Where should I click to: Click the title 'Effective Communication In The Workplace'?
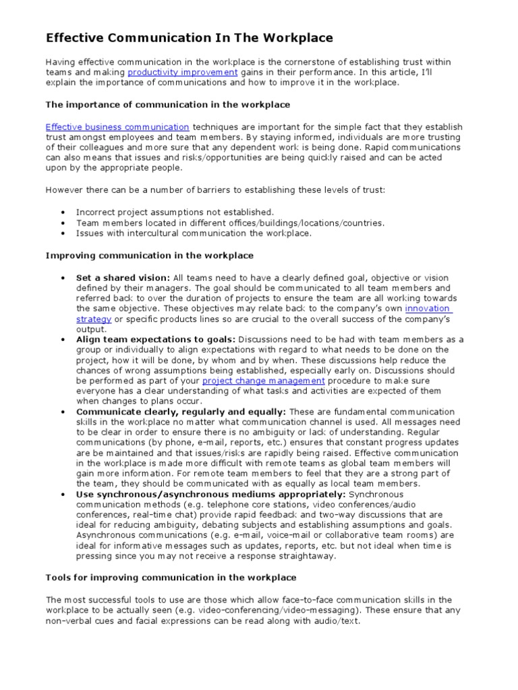190,38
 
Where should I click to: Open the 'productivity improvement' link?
182,72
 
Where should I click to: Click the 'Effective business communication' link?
117,127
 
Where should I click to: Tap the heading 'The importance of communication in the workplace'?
168,104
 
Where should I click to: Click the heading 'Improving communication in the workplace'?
150,255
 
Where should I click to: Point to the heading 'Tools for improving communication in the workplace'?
171,577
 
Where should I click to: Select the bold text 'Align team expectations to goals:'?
156,340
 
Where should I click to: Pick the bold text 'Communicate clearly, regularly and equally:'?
181,412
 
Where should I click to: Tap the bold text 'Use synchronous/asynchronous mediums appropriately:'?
206,495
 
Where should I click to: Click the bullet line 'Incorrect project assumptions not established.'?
166,212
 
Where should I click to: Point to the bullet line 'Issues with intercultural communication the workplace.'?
194,233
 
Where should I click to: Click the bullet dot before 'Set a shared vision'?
62,278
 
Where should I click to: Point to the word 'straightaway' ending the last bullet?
305,557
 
